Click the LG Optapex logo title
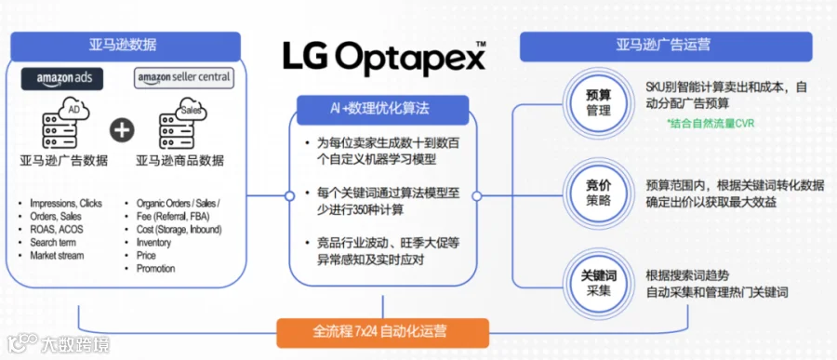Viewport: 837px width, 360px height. point(384,57)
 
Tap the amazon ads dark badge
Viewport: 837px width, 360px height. point(62,78)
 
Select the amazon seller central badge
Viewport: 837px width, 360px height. point(183,77)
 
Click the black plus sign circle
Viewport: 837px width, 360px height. point(122,130)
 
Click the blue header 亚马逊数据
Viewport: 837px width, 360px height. point(126,45)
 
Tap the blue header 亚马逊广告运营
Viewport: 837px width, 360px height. point(666,46)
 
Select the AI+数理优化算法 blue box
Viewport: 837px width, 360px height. point(383,110)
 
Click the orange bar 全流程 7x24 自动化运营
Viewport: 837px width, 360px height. point(383,332)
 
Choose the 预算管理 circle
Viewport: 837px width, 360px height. point(598,103)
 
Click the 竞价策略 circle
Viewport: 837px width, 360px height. point(598,193)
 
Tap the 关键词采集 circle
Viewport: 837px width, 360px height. point(598,283)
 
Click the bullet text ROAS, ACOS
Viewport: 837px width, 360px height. point(57,230)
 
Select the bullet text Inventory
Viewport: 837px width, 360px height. point(153,243)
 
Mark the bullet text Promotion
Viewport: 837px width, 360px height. point(156,269)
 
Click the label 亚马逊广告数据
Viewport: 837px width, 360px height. point(64,160)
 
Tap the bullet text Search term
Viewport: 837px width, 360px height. point(54,243)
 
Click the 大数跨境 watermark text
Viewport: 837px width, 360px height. point(75,344)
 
